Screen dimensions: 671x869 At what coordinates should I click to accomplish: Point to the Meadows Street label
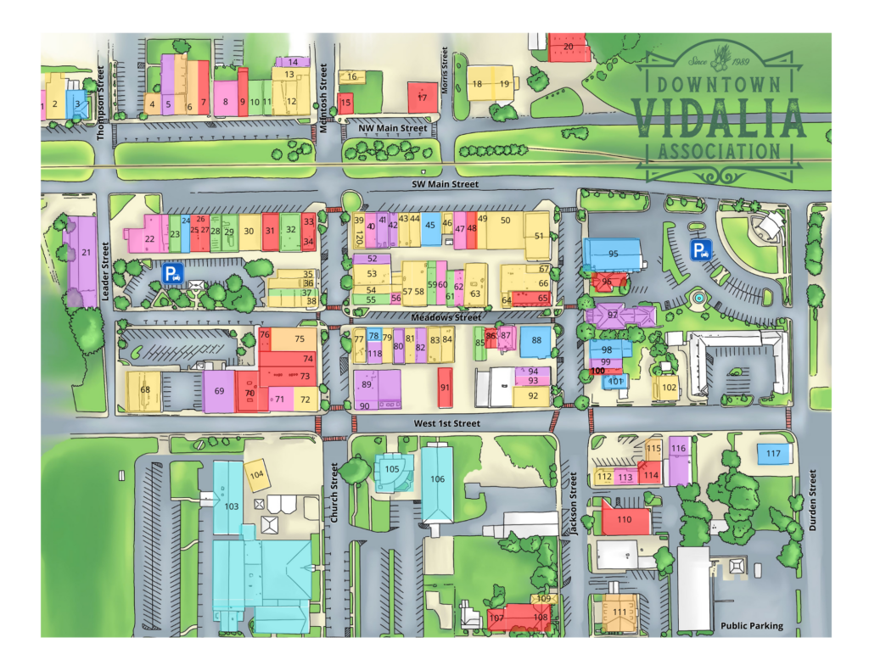coord(446,317)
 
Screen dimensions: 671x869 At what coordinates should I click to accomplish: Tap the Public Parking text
coord(752,626)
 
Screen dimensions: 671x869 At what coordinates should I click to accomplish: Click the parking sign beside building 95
coord(700,250)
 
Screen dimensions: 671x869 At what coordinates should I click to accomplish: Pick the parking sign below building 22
coord(173,273)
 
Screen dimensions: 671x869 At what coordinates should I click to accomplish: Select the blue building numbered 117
coord(773,454)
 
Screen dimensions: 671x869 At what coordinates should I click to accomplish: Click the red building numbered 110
coord(625,517)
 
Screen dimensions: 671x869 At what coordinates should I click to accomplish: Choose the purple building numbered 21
coord(85,254)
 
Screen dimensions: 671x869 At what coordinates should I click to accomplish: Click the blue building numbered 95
coord(612,253)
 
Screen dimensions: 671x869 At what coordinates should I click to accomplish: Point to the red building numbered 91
coord(445,388)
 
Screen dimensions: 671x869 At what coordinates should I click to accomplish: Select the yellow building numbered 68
coord(144,390)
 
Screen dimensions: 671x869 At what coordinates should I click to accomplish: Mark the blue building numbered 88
coord(535,340)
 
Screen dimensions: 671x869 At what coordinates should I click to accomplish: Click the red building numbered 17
coord(422,98)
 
